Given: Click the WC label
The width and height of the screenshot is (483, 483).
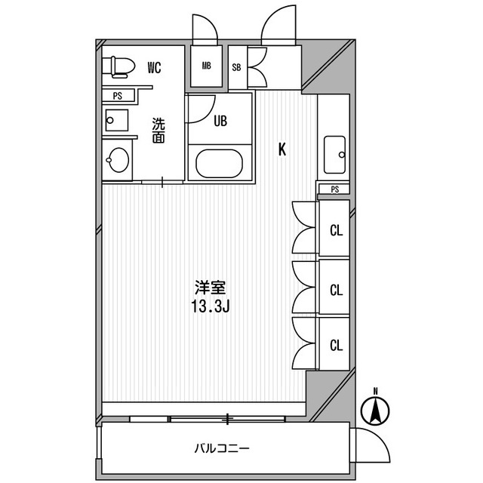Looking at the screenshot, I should (154, 68).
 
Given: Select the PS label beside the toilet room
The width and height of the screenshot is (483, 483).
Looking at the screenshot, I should (118, 95).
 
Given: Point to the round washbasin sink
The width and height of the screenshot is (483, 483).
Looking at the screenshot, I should (118, 160).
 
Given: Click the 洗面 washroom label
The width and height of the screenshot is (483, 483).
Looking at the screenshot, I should (158, 130).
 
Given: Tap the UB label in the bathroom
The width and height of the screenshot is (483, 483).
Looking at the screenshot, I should (220, 120).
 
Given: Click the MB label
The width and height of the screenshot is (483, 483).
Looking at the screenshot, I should (206, 65).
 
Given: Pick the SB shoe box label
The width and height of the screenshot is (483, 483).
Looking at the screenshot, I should (236, 66).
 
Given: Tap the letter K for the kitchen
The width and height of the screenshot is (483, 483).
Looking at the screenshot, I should (282, 149).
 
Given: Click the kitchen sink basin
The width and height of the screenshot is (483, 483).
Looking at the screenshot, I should (334, 155).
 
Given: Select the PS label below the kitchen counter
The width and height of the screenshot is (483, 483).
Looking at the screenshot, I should (334, 189).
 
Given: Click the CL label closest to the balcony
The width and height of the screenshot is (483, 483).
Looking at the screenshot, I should (336, 345).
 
